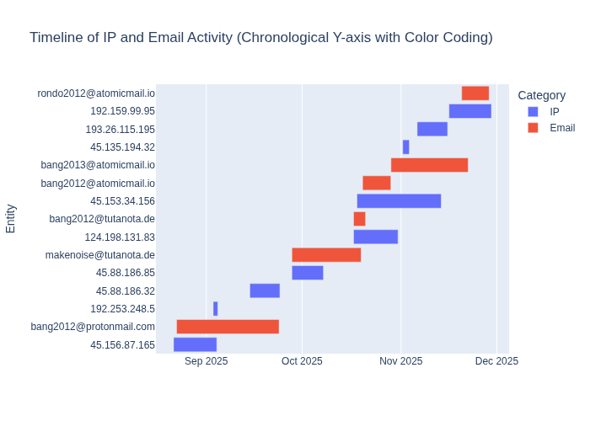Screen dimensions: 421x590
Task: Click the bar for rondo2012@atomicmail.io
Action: pos(475,93)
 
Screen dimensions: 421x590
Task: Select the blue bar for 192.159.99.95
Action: pos(469,111)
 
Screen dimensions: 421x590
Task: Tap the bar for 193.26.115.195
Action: pos(432,129)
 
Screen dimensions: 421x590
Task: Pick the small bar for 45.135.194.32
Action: pos(405,147)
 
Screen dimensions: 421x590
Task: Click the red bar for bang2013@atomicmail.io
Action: pos(429,165)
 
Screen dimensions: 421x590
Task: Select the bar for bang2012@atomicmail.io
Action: pos(377,183)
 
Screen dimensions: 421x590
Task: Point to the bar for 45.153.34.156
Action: pos(399,201)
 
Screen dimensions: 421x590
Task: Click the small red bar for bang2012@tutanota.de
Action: pos(359,219)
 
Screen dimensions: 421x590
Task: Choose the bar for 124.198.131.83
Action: pos(375,237)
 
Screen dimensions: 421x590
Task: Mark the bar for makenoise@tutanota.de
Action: pos(326,255)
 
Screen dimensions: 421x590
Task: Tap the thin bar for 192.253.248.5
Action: pos(216,309)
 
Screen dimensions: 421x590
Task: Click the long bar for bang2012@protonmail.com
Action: pos(228,327)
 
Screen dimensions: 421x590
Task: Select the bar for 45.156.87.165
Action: pos(195,344)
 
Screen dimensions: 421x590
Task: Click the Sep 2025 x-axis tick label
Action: pos(206,361)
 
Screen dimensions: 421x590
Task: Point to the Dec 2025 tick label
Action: pos(496,361)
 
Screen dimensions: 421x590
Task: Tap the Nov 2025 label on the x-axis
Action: pos(400,361)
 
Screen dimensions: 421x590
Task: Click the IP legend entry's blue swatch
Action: pos(532,111)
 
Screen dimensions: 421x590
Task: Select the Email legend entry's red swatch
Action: pos(532,128)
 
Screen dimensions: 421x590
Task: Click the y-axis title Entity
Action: pos(11,218)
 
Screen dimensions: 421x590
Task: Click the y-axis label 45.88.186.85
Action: pos(126,273)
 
